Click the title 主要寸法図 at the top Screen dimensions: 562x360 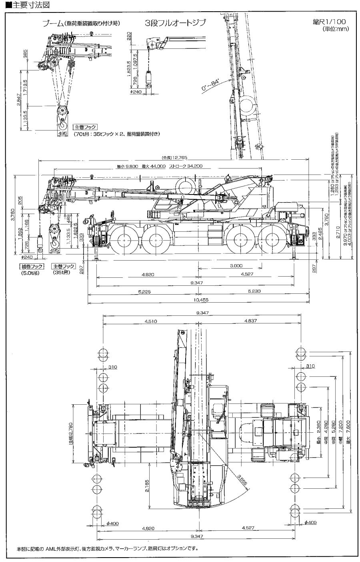20,4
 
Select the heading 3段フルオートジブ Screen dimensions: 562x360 175,23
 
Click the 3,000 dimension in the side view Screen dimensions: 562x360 236,266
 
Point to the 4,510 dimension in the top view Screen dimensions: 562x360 150,321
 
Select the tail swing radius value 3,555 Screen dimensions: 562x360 242,480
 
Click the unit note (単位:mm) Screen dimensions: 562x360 336,29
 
